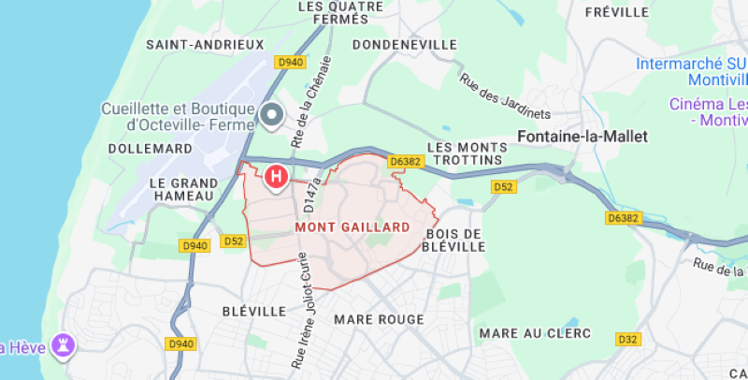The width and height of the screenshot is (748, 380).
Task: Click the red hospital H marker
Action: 276,175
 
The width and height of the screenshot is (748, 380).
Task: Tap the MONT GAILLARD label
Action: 352,227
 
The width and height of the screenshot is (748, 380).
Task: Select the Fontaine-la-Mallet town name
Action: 583,136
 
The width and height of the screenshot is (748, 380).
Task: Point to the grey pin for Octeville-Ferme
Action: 272,115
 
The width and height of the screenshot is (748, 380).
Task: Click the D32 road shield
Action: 626,338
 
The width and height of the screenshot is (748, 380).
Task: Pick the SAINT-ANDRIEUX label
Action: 205,44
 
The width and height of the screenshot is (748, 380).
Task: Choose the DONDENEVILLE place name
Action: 405,44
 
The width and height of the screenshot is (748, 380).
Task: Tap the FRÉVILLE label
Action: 616,12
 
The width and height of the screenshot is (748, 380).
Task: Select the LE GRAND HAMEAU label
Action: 182,189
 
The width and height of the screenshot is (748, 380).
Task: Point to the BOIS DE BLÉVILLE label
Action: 455,240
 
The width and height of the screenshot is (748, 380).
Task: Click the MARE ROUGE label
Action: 379,319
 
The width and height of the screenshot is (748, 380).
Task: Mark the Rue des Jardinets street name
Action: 505,96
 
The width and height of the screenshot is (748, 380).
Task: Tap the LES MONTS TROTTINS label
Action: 464,154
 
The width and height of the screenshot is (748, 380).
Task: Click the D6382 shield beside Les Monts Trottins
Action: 406,162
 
